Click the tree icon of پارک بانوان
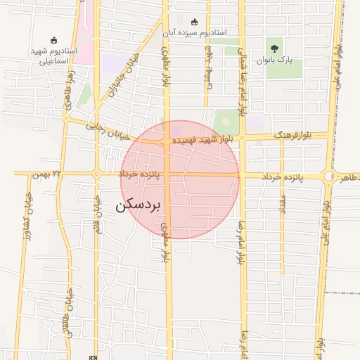pyautogui.click(x=274, y=49)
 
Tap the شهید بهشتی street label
pyautogui.click(x=208, y=67)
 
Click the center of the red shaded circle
pyautogui.click(x=180, y=179)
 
